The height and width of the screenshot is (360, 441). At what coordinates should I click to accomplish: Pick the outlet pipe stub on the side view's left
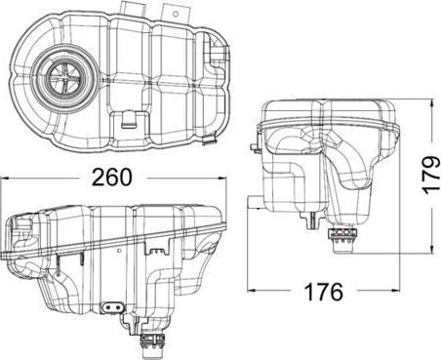(x=253, y=203)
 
